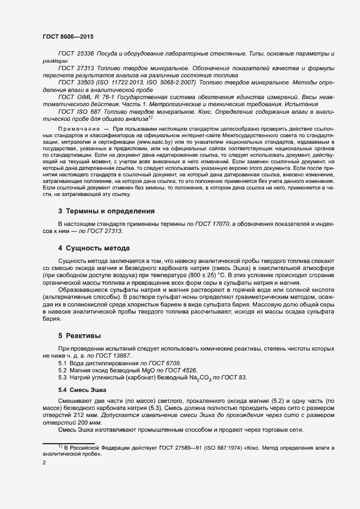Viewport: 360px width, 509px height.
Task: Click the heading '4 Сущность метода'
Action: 94,249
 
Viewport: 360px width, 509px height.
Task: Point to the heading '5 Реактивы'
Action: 80,336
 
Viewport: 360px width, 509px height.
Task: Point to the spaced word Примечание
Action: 77,128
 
